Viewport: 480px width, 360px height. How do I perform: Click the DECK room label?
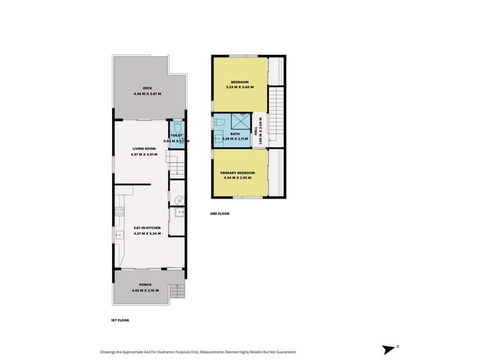[x=147, y=88]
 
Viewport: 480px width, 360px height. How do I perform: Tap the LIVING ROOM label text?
[x=144, y=149]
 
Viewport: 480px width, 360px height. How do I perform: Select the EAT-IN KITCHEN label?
[x=147, y=228]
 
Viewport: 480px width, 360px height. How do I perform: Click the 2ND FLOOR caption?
[x=220, y=213]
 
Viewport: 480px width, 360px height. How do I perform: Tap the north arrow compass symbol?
[x=389, y=349]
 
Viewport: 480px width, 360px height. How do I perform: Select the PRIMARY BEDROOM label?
[x=238, y=173]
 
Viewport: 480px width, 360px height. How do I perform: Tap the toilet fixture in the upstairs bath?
[x=218, y=121]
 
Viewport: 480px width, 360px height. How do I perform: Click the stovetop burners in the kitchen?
[x=119, y=211]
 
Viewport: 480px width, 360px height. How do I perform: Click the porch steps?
[x=178, y=292]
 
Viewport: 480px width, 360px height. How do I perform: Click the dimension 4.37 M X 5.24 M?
[x=147, y=234]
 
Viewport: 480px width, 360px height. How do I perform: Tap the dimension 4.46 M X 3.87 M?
[x=147, y=94]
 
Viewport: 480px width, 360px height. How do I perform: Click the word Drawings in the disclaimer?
[x=110, y=352]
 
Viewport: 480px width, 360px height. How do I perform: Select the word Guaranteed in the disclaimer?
[x=283, y=352]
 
